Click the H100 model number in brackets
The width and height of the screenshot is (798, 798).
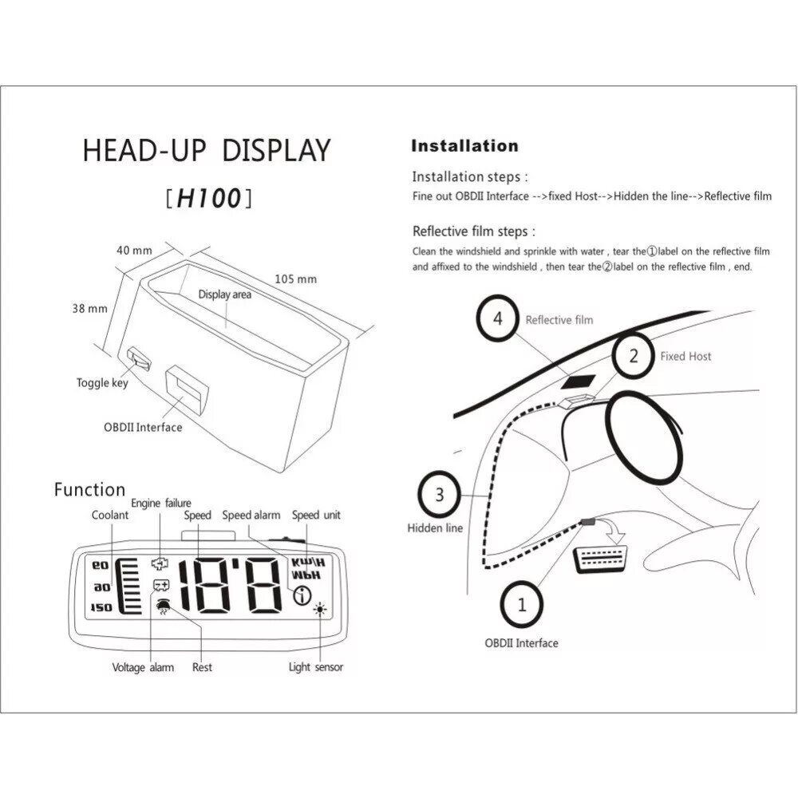(209, 199)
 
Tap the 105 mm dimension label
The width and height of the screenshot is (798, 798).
(295, 279)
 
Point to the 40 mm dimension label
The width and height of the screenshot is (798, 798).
(134, 250)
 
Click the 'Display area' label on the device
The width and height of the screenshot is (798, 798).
(224, 294)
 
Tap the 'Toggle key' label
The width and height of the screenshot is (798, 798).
(102, 383)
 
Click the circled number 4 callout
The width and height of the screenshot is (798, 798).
(498, 319)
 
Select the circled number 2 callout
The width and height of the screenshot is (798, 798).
(634, 356)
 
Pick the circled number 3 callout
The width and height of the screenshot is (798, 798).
(439, 495)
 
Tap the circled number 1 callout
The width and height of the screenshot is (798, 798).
(523, 604)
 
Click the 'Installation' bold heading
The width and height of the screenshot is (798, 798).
(464, 146)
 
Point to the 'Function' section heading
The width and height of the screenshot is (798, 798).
(89, 490)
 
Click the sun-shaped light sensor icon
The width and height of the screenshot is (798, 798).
(321, 610)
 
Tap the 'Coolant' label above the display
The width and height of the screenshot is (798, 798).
(110, 516)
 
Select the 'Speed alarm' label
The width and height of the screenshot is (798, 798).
(251, 516)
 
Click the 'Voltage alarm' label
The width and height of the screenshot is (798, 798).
(143, 667)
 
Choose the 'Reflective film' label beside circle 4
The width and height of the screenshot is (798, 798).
(559, 320)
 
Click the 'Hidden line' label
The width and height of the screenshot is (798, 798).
(435, 527)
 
